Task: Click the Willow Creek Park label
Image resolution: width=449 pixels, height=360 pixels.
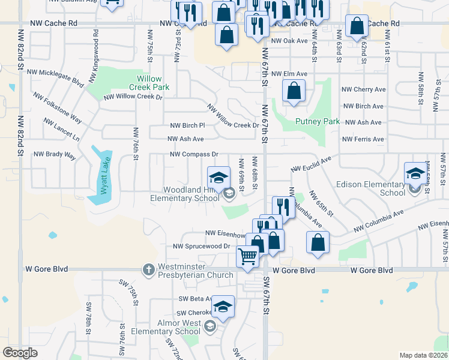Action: [149, 83]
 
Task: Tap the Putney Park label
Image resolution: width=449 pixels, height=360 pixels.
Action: [318, 121]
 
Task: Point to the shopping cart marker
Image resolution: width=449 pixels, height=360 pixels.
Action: [247, 257]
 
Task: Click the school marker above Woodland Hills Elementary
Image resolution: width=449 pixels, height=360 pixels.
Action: [218, 177]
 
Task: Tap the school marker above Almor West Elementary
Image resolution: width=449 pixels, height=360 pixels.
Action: [223, 307]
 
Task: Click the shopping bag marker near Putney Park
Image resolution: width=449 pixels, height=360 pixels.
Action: [294, 92]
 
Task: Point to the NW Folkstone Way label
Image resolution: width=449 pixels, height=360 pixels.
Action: [58, 107]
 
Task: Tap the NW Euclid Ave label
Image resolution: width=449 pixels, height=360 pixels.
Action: [312, 165]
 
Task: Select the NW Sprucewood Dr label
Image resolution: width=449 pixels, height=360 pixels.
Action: [202, 246]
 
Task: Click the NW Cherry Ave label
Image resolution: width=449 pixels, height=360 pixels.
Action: [363, 89]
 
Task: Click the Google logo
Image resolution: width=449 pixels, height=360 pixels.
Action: [20, 353]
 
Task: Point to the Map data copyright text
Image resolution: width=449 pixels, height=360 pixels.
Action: [423, 355]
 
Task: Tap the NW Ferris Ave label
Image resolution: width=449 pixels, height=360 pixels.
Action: [363, 139]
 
